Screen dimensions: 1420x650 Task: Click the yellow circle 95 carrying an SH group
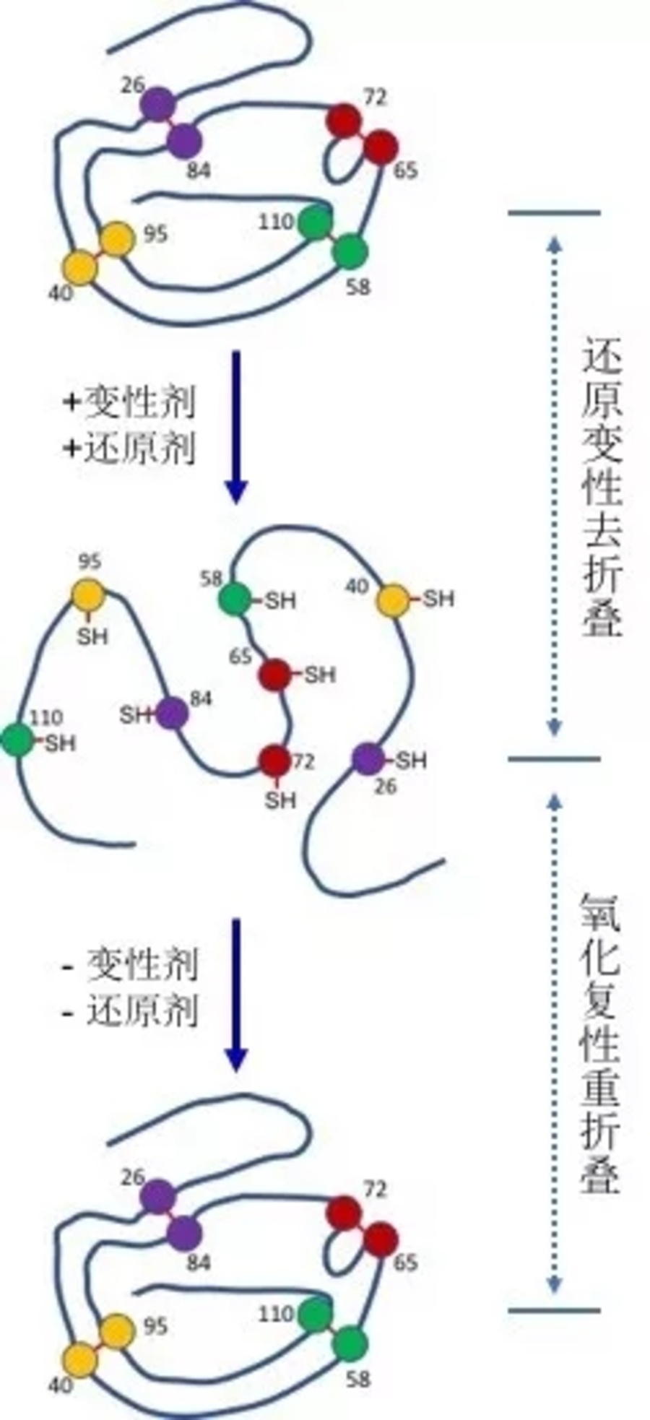coord(89,595)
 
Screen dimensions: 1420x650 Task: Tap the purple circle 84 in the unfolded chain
coord(172,714)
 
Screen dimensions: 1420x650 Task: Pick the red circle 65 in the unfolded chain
coord(274,674)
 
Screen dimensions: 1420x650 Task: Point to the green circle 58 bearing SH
coord(235,598)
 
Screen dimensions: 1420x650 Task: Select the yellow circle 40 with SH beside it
coord(394,600)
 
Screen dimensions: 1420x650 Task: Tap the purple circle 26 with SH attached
coord(369,759)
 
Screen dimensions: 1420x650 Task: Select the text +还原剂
coord(131,448)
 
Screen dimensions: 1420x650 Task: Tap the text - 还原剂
coord(131,1010)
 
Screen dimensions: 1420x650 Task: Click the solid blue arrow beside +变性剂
coord(236,426)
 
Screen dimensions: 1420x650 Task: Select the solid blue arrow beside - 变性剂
coord(236,993)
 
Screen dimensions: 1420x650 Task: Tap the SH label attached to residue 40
coord(438,599)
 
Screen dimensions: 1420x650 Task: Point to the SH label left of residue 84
coord(134,715)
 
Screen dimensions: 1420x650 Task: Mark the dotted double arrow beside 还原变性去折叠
coord(554,485)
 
